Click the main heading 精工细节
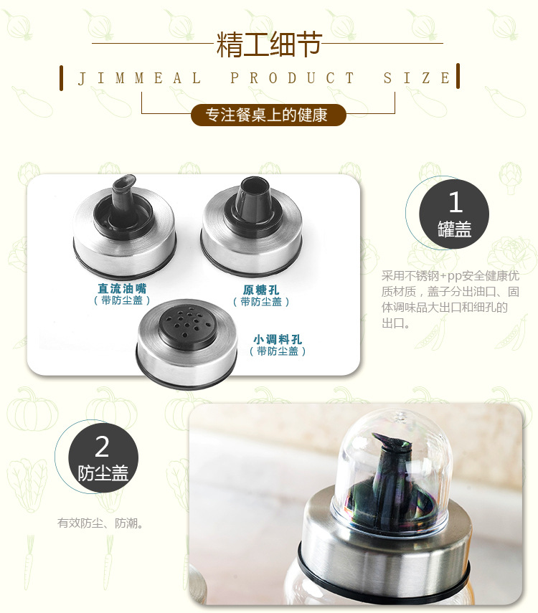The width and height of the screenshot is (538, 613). click(x=269, y=44)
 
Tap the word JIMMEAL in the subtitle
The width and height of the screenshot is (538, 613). click(x=139, y=78)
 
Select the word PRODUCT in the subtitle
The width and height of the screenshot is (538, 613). click(x=292, y=78)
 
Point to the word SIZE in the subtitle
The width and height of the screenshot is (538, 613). click(x=417, y=78)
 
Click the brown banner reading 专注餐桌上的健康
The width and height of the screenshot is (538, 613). click(x=268, y=115)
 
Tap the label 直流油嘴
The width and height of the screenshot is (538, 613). click(x=122, y=288)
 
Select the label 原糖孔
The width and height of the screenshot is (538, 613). click(x=261, y=290)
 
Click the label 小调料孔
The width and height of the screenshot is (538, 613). click(x=278, y=339)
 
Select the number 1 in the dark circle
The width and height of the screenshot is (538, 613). click(x=455, y=201)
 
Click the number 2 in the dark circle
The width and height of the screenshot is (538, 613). click(x=102, y=447)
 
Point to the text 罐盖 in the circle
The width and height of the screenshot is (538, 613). click(x=454, y=229)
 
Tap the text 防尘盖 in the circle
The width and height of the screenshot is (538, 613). click(x=103, y=473)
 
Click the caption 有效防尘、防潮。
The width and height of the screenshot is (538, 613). click(x=100, y=523)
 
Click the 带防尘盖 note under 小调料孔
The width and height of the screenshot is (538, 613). click(x=278, y=351)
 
